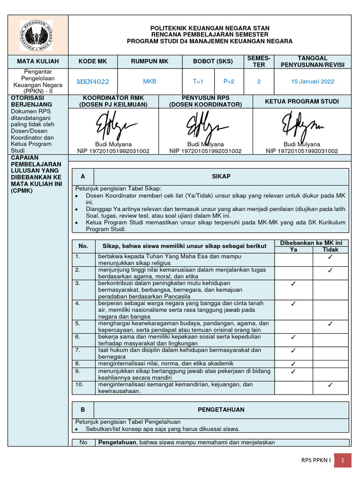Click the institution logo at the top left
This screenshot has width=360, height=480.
[36, 35]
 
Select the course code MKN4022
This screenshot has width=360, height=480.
[93, 82]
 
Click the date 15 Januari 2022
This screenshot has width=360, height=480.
[313, 81]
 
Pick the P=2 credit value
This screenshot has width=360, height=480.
[229, 81]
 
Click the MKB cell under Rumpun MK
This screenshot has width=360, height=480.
[150, 81]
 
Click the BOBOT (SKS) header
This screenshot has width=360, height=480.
[213, 61]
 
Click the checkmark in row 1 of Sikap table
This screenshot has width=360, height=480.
[330, 257]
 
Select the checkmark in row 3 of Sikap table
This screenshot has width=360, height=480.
[293, 284]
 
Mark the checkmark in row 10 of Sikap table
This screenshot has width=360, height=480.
[330, 385]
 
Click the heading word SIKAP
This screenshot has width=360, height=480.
[221, 176]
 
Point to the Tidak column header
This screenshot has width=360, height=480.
[330, 250]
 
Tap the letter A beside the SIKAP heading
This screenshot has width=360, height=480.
[83, 176]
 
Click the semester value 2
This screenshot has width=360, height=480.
[259, 81]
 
